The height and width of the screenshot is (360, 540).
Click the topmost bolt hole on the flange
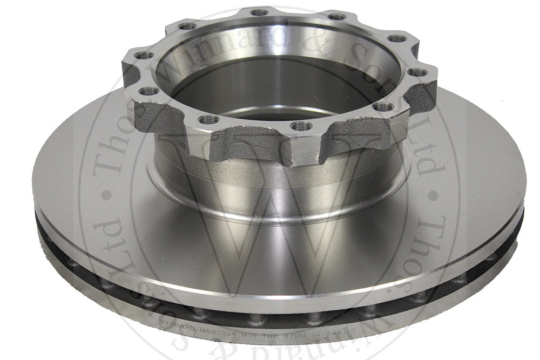tap(260, 12)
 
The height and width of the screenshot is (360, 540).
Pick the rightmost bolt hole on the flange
tap(417, 72)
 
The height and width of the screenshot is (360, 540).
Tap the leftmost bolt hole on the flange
tap(145, 55)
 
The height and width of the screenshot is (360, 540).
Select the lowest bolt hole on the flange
tap(301, 126)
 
